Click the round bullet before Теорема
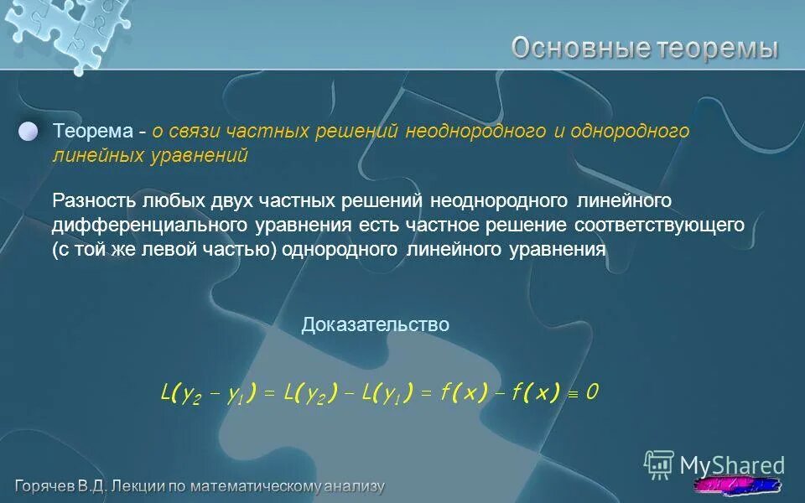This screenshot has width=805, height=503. click(x=29, y=132)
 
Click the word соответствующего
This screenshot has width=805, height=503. click(x=660, y=226)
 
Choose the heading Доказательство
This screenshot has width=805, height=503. click(x=376, y=324)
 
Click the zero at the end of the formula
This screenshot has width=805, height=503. click(x=592, y=392)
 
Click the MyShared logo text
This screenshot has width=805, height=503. click(x=731, y=465)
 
